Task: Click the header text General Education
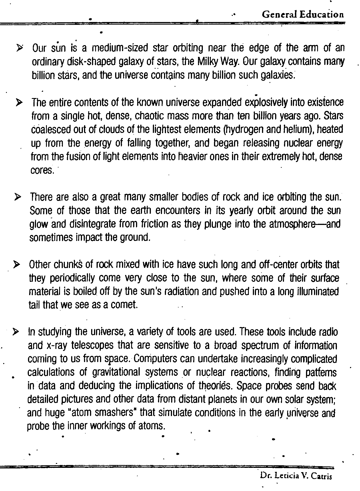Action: point(303,15)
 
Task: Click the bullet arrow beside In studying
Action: point(16,332)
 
